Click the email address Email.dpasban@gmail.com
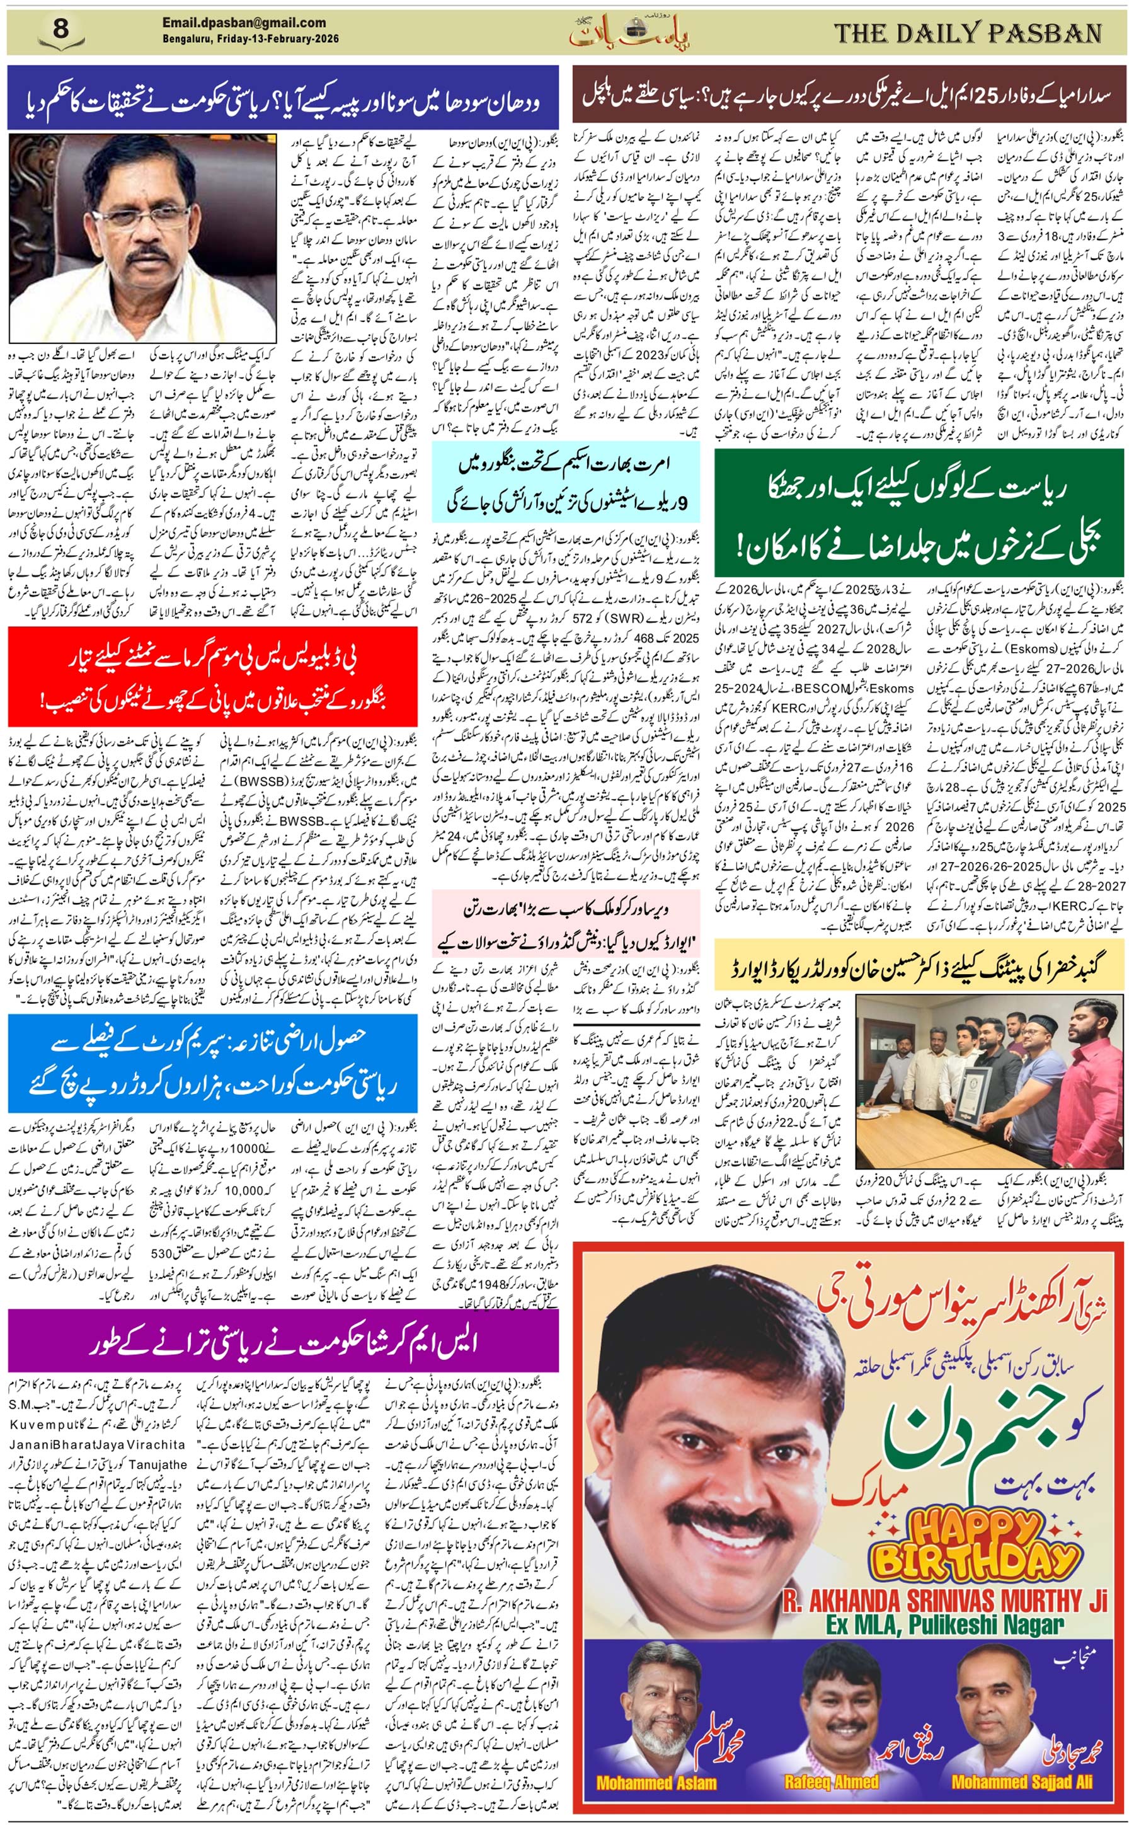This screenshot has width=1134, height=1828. (x=244, y=23)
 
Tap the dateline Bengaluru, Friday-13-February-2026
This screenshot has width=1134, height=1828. (x=251, y=39)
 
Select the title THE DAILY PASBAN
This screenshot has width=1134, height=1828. (x=968, y=33)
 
